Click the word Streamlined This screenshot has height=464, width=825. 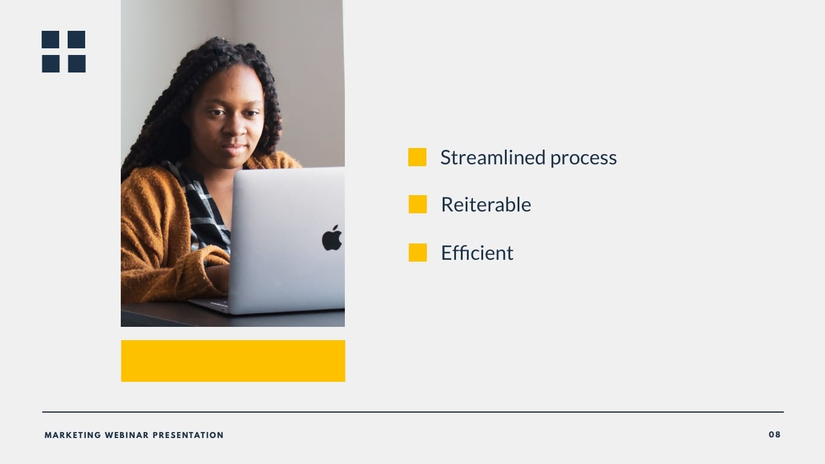(x=493, y=158)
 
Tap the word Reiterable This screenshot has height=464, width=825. (x=486, y=205)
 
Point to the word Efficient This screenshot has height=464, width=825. (x=477, y=253)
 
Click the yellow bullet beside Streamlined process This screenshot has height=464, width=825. (x=417, y=157)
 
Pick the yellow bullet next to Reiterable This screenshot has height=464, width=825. (x=417, y=204)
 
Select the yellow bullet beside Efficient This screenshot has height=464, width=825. (x=417, y=253)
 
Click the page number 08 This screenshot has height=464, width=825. (x=774, y=434)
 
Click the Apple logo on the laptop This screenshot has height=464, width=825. (x=332, y=238)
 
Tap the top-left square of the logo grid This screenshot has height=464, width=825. (x=51, y=39)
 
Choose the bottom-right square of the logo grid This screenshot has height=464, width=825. (x=77, y=63)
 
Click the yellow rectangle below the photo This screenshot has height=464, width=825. (x=233, y=361)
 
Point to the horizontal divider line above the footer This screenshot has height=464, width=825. (x=412, y=412)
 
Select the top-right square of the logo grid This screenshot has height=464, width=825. (x=77, y=39)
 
